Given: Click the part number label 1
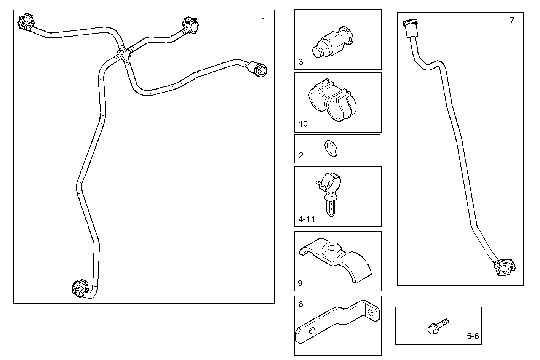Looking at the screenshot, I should tap(263, 21).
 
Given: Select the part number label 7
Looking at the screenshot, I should tap(512, 21).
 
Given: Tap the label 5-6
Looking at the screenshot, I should tap(473, 336).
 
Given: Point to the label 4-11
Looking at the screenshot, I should tap(307, 219).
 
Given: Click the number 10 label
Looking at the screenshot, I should tap(303, 124).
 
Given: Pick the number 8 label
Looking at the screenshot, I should tap(301, 304).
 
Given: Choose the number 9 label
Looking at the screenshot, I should tap(300, 283).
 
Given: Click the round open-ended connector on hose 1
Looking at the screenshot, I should tap(259, 70).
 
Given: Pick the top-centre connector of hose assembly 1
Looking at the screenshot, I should tap(189, 25).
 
